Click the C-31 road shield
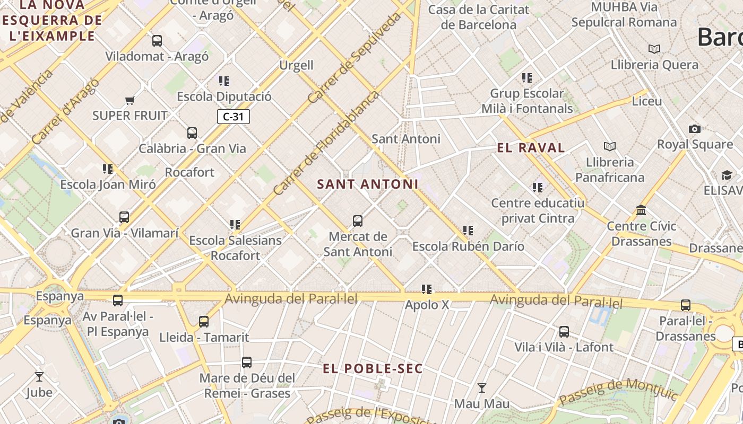[x=233, y=117]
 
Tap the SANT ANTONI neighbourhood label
[x=368, y=184]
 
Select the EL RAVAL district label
[x=531, y=148]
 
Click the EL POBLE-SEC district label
[x=373, y=368]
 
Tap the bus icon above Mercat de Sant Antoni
[x=358, y=220]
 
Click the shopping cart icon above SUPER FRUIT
[x=129, y=100]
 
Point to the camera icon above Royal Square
[x=694, y=129]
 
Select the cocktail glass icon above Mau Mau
[x=481, y=388]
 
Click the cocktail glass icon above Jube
[x=39, y=377]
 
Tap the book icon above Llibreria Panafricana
[x=610, y=146]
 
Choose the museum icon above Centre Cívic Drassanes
[x=641, y=210]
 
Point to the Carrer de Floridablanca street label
[x=326, y=143]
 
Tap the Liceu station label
[x=647, y=101]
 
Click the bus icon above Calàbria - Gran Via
[x=192, y=132]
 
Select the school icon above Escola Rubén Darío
[x=468, y=231]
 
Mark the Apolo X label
[x=427, y=305]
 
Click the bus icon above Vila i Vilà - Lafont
[x=564, y=332]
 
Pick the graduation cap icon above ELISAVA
[x=726, y=175]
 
